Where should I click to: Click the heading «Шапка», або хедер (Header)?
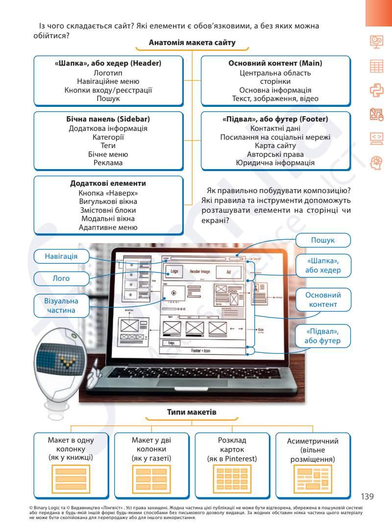(x=108, y=63)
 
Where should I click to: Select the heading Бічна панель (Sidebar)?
(x=108, y=119)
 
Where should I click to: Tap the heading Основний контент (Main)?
(x=275, y=63)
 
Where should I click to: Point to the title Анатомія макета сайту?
(x=192, y=43)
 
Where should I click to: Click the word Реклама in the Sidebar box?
(x=108, y=163)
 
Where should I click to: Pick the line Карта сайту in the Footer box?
(x=275, y=146)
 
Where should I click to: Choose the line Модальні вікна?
(x=108, y=219)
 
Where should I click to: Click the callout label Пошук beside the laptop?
(x=323, y=241)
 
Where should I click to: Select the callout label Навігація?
(x=61, y=256)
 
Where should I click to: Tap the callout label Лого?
(x=61, y=278)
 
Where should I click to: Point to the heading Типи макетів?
(x=192, y=412)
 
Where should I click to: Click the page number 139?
(x=367, y=497)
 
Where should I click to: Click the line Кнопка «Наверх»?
(x=108, y=193)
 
